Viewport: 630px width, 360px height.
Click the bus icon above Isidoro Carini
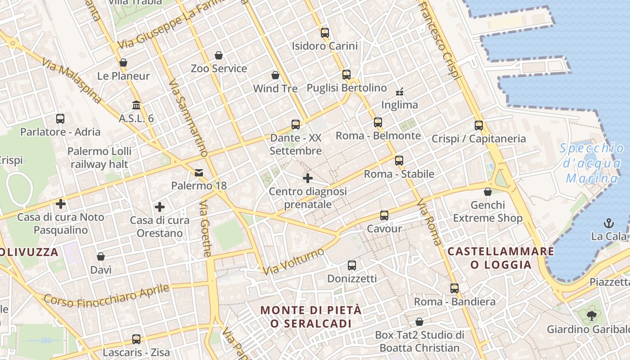(325, 32)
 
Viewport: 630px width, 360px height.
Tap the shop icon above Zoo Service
(219, 55)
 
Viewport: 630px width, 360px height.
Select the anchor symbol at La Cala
(608, 223)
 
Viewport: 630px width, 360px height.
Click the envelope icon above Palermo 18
(199, 173)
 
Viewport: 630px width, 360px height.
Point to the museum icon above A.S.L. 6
(136, 105)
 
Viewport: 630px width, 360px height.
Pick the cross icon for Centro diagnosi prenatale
(308, 178)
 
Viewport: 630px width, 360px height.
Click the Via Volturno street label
(293, 261)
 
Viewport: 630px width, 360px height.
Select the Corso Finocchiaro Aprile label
(107, 295)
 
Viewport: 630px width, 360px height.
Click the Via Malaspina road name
(71, 81)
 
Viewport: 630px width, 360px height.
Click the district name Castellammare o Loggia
(501, 258)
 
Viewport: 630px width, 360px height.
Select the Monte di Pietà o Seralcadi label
(311, 317)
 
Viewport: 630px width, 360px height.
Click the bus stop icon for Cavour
(384, 216)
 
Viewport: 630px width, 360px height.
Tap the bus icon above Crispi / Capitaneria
(479, 126)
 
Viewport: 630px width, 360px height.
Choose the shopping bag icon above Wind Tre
(275, 75)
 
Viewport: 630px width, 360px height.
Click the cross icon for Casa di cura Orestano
(159, 207)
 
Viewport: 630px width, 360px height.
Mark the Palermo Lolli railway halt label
(99, 157)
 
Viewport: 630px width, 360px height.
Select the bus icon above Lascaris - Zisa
(136, 339)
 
